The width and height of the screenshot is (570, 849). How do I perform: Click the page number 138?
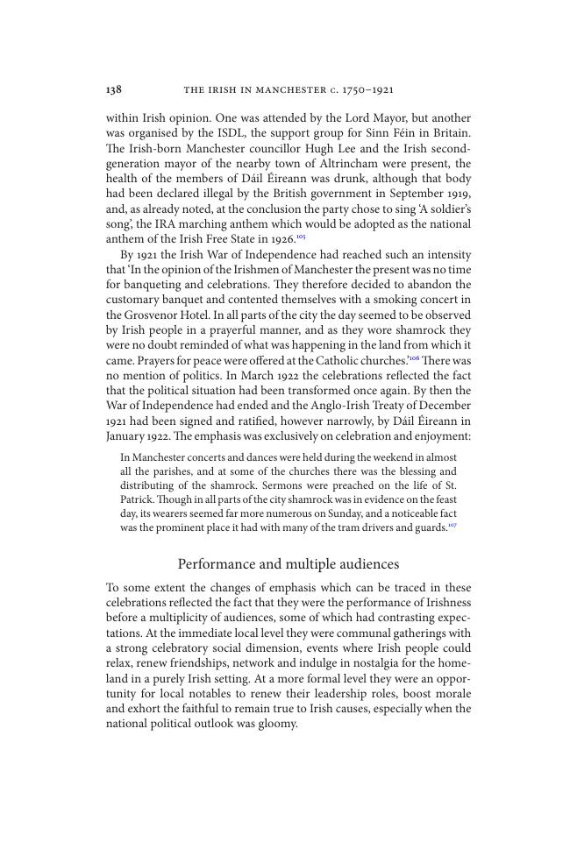click(x=113, y=89)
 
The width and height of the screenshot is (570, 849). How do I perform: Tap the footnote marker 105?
click(x=301, y=237)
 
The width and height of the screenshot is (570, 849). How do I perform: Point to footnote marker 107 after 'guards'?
click(x=452, y=525)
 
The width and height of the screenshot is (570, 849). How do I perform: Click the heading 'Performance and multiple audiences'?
click(x=289, y=564)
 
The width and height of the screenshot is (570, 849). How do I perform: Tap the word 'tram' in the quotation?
click(x=347, y=527)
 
